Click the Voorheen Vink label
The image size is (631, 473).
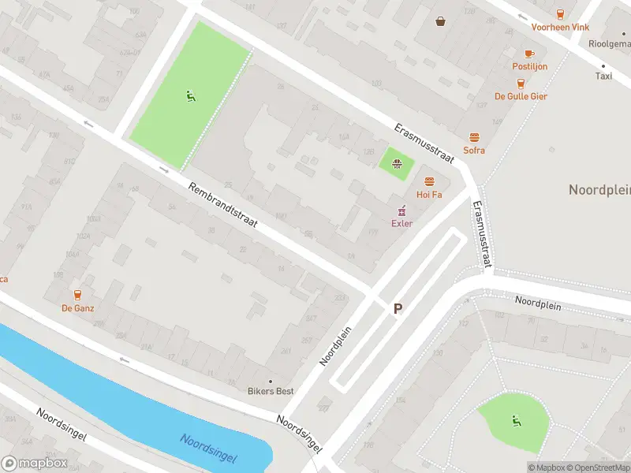pyautogui.click(x=560, y=27)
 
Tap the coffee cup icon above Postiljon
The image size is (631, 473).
pyautogui.click(x=529, y=54)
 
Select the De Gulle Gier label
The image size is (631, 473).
pyautogui.click(x=521, y=96)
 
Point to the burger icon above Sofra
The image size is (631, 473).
pyautogui.click(x=474, y=137)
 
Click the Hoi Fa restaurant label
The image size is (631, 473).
pyautogui.click(x=429, y=194)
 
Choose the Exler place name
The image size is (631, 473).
pyautogui.click(x=402, y=223)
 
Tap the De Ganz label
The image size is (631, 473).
pyautogui.click(x=77, y=308)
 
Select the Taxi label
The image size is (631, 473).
pyautogui.click(x=603, y=76)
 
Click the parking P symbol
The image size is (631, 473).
pyautogui.click(x=398, y=310)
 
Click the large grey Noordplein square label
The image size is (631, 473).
pyautogui.click(x=599, y=190)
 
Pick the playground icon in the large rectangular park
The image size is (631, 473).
pyautogui.click(x=190, y=96)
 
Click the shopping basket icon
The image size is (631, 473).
pyautogui.click(x=440, y=21)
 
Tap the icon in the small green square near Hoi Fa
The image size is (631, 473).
pyautogui.click(x=397, y=164)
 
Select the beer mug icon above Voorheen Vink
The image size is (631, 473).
pyautogui.click(x=560, y=13)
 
